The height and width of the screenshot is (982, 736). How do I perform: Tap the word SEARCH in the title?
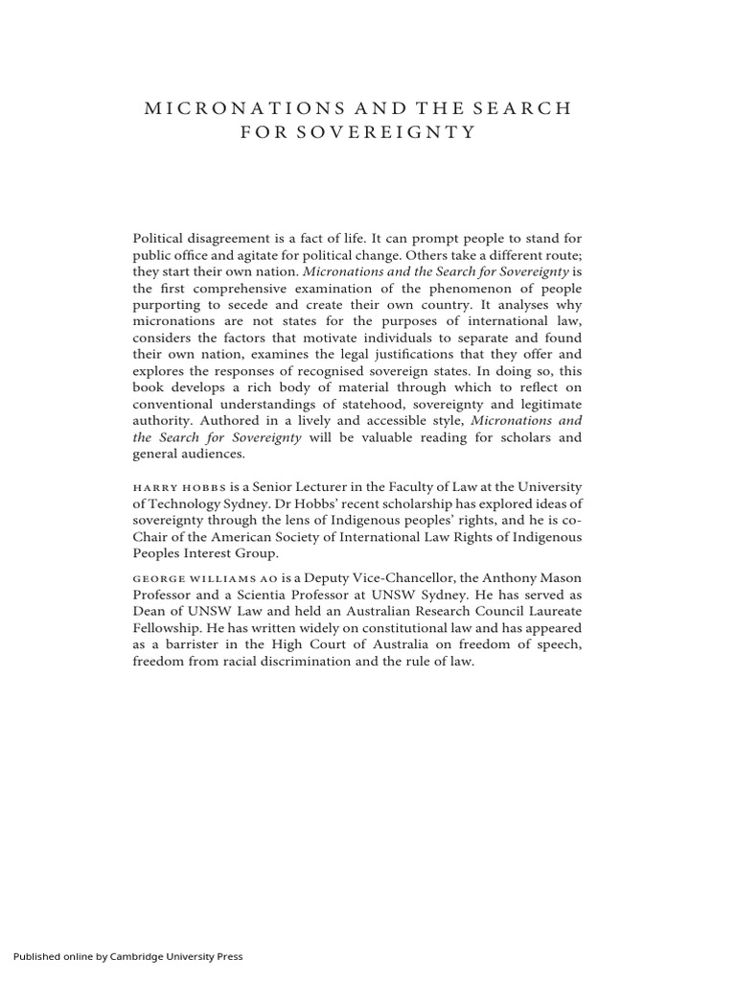click(x=524, y=108)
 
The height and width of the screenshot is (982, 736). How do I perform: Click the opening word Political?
click(x=160, y=238)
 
